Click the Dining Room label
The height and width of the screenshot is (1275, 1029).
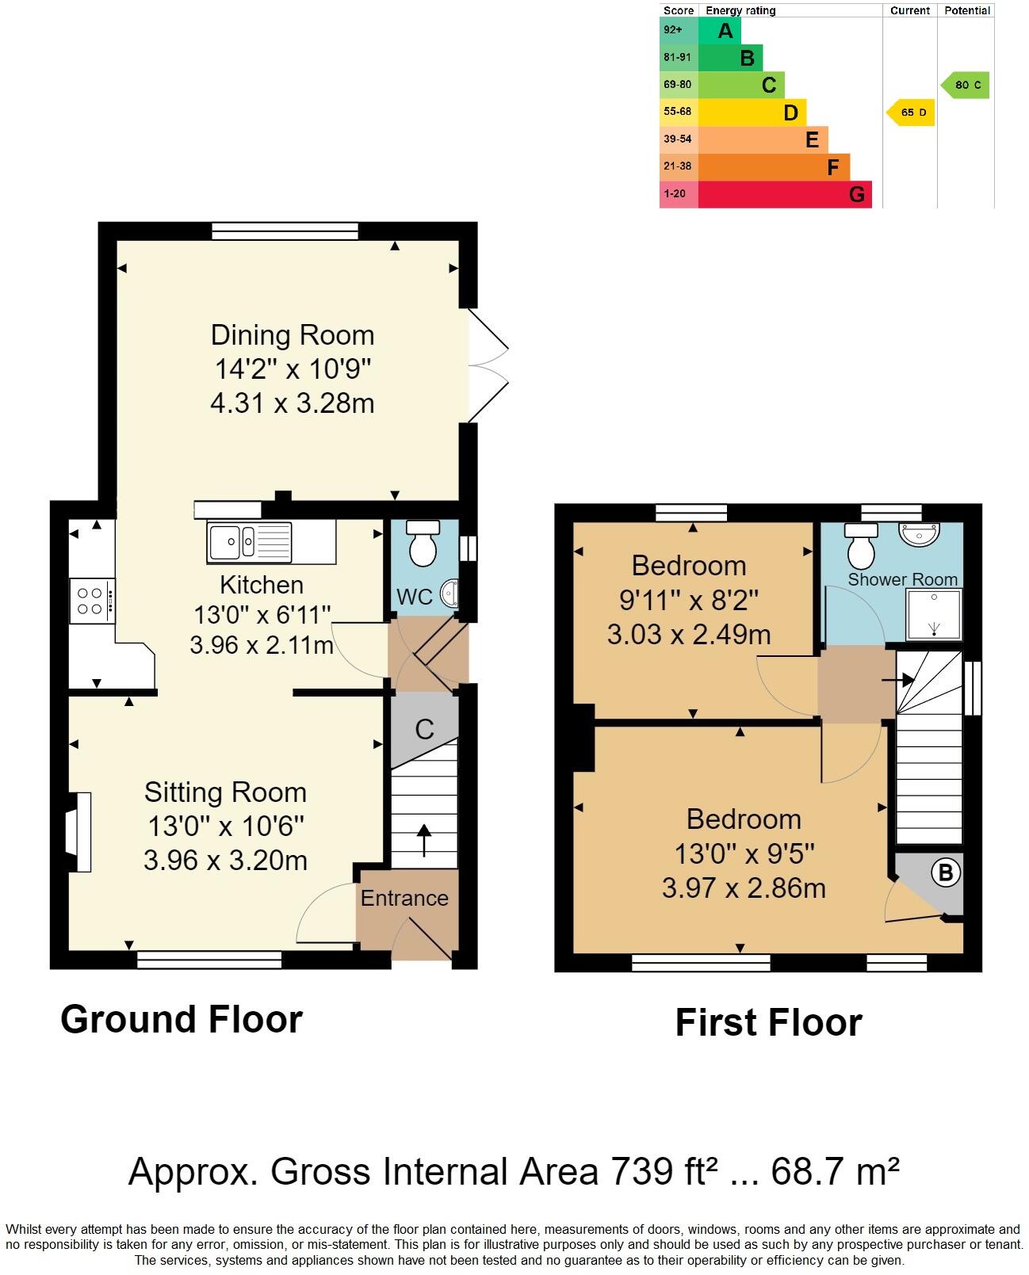[292, 335]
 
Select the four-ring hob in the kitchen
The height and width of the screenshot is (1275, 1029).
[90, 601]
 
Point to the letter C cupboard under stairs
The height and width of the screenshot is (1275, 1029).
[424, 729]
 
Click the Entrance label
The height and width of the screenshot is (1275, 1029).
[404, 898]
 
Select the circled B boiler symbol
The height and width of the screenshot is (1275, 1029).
[944, 873]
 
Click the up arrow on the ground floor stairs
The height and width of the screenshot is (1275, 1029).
[424, 840]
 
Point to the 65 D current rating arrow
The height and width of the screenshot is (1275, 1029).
[911, 113]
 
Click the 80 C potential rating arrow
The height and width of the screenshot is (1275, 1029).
[966, 85]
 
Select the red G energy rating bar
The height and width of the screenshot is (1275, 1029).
[785, 194]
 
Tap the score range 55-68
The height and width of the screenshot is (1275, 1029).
[678, 112]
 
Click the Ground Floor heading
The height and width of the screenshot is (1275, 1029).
[182, 1019]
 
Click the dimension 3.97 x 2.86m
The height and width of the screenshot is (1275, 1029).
[744, 888]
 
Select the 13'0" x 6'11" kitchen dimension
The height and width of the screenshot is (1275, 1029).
[262, 615]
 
